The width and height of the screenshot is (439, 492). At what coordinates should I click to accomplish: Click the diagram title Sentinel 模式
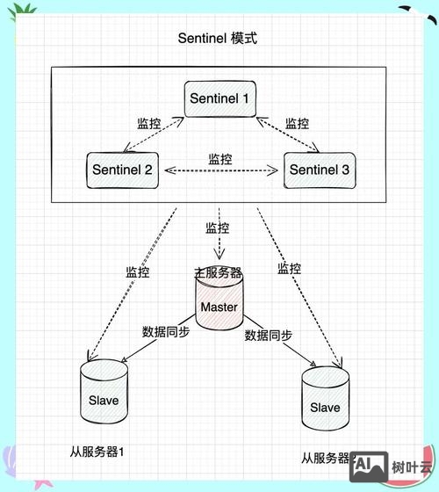click(x=219, y=39)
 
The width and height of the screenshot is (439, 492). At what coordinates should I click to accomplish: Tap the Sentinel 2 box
click(x=122, y=169)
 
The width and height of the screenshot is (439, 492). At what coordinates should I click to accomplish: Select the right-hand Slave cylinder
click(x=324, y=407)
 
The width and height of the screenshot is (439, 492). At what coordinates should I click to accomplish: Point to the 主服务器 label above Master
click(x=218, y=272)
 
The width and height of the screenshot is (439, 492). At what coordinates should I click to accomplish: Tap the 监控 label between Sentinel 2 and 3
click(x=220, y=159)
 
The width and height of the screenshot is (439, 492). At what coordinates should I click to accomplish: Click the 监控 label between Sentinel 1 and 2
click(x=149, y=123)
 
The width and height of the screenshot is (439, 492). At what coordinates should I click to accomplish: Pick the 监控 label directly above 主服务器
click(x=218, y=228)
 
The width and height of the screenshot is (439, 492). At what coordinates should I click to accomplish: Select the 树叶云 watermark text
click(x=412, y=467)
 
